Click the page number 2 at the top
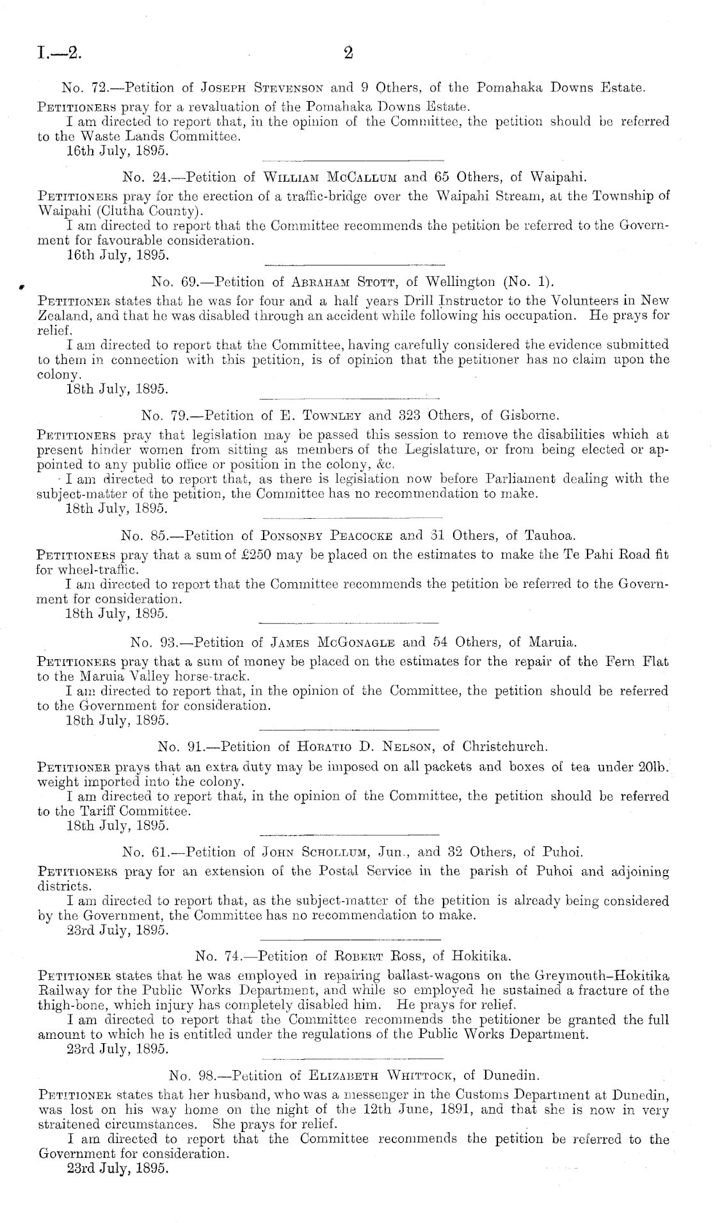(349, 53)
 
